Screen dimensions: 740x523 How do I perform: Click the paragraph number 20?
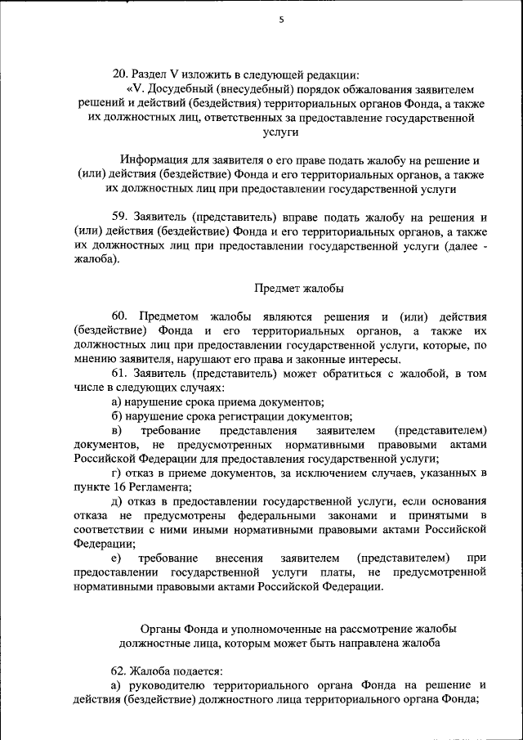click(x=119, y=74)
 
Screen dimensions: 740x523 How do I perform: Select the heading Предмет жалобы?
click(x=299, y=288)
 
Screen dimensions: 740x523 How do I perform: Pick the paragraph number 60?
click(x=119, y=316)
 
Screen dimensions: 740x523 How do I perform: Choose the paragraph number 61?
click(x=119, y=374)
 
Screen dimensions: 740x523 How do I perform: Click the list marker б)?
click(x=117, y=416)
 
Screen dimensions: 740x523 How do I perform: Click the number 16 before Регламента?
click(x=116, y=487)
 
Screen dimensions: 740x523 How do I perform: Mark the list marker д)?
click(x=117, y=501)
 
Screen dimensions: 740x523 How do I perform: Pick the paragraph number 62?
click(x=119, y=670)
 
